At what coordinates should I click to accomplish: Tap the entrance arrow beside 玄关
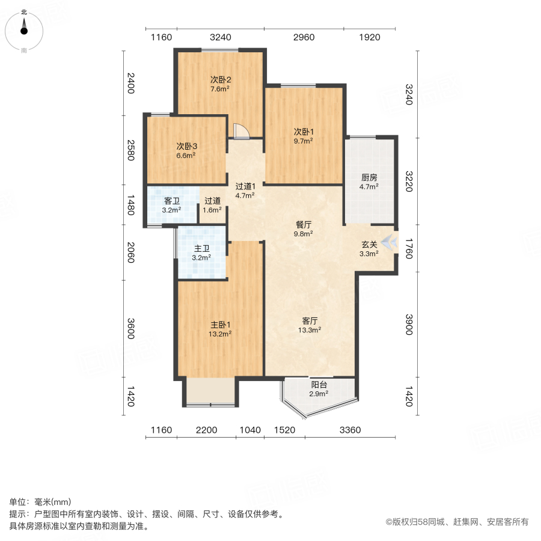tap(391, 242)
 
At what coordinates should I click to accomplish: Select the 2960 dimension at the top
tap(304, 37)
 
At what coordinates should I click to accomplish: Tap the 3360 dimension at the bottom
tap(350, 430)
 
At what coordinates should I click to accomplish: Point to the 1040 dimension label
tap(250, 430)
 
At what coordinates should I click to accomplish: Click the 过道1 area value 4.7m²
tap(245, 195)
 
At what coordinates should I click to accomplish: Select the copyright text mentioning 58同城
tap(457, 522)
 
